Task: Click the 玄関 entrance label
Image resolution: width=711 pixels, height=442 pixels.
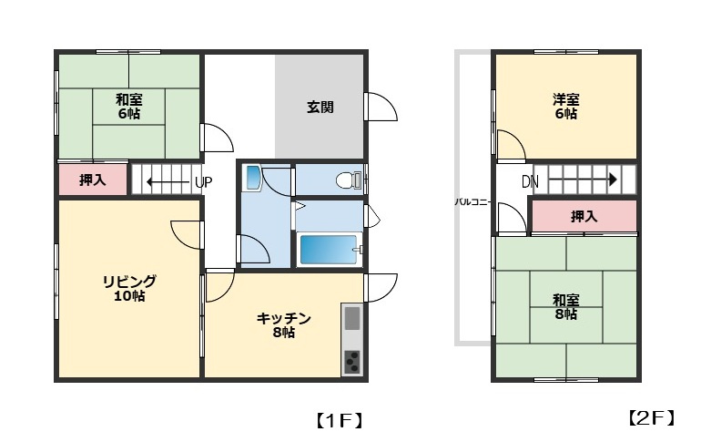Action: click(x=320, y=107)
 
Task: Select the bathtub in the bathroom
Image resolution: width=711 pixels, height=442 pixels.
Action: click(x=328, y=249)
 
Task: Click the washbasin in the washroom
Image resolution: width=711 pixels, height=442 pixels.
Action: click(x=252, y=178)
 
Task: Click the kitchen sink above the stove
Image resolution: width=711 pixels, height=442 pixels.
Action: click(x=351, y=320)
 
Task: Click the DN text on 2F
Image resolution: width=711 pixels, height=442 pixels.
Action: click(x=530, y=182)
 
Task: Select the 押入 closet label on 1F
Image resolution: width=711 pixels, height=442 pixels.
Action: click(x=92, y=180)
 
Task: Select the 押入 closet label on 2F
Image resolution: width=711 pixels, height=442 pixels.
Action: click(x=584, y=217)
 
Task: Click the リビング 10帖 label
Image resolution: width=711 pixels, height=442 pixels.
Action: click(x=128, y=288)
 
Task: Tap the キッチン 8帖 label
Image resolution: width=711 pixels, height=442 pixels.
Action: click(x=283, y=325)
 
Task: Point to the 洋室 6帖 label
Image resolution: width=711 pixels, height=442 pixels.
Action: click(x=565, y=107)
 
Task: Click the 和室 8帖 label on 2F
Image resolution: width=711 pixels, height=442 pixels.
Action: click(x=565, y=307)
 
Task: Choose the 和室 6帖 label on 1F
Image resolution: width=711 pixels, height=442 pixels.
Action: click(x=127, y=107)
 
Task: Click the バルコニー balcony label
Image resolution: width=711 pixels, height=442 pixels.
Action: click(x=473, y=201)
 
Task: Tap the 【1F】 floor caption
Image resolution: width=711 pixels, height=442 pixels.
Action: click(x=340, y=420)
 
